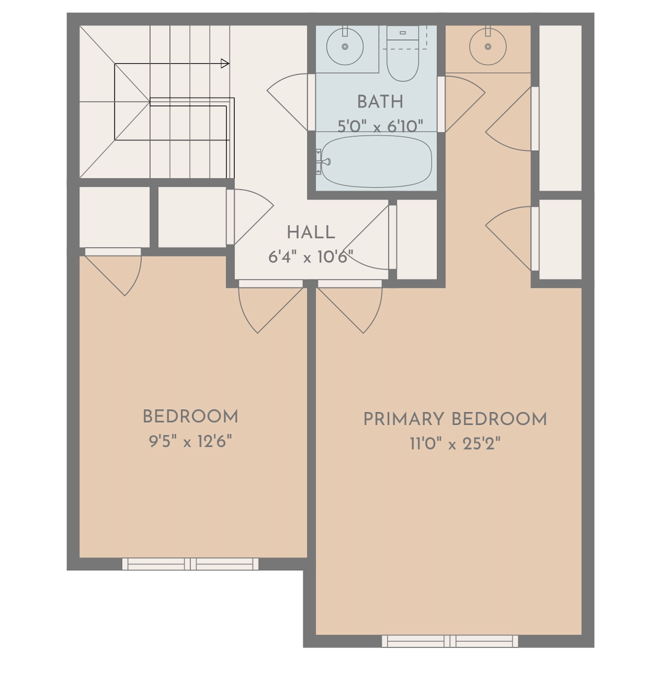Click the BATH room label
[x=380, y=102]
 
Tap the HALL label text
[x=311, y=233]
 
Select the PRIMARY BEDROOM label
[x=455, y=419]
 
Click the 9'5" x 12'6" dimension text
[x=190, y=441]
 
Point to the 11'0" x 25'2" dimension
[x=455, y=444]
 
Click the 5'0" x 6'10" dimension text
[x=380, y=126]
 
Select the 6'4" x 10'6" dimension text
[x=310, y=257]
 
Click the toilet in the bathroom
[x=402, y=53]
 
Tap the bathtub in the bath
[x=376, y=162]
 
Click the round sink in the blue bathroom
[x=345, y=47]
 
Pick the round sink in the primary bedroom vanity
[x=488, y=47]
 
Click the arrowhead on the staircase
[x=225, y=64]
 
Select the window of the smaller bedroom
[x=190, y=564]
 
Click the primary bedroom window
[x=450, y=641]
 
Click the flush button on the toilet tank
[x=402, y=32]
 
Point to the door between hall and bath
[x=291, y=102]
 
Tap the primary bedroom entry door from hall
[x=349, y=307]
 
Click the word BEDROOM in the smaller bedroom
[x=190, y=417]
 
